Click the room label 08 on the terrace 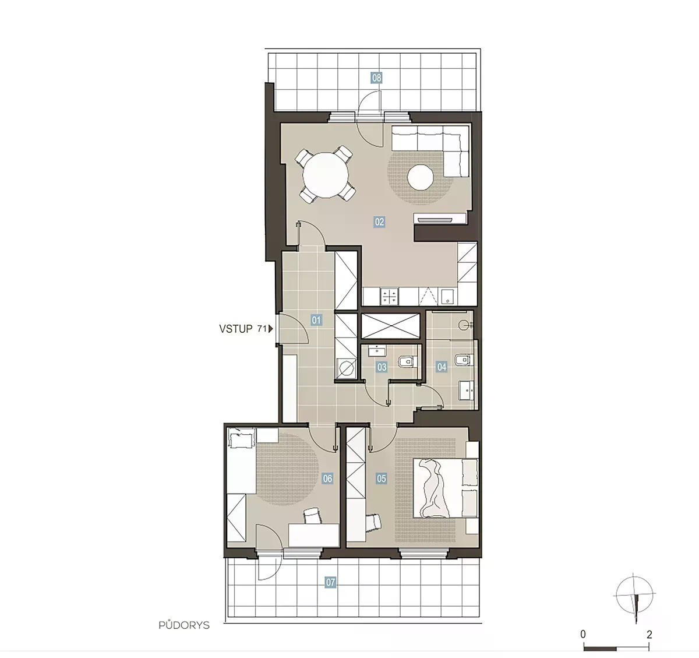(x=377, y=78)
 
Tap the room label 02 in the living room (x=379, y=222)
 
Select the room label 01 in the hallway (x=316, y=320)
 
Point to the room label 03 (x=382, y=367)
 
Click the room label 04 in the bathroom (x=442, y=367)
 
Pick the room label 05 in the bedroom (x=382, y=478)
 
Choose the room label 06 (x=327, y=478)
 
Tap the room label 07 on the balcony (x=330, y=582)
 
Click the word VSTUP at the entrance (x=236, y=329)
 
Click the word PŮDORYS (x=184, y=625)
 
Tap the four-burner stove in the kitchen (x=390, y=296)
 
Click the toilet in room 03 (x=408, y=361)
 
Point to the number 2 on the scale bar (x=649, y=635)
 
